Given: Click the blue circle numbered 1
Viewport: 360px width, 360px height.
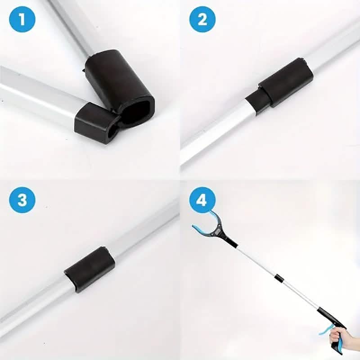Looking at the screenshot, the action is (22, 19).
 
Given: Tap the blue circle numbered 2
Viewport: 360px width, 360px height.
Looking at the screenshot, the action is (202, 19).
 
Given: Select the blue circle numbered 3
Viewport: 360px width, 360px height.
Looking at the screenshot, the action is (22, 200).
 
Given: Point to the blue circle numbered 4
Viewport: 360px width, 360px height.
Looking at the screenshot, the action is (202, 200).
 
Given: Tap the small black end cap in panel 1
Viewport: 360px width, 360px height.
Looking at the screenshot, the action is (96, 123).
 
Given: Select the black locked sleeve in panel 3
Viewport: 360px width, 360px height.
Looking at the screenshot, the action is (90, 269).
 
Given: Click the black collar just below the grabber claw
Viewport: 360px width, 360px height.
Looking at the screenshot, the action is (231, 242).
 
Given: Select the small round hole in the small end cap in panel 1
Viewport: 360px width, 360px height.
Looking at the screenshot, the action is (113, 133).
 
